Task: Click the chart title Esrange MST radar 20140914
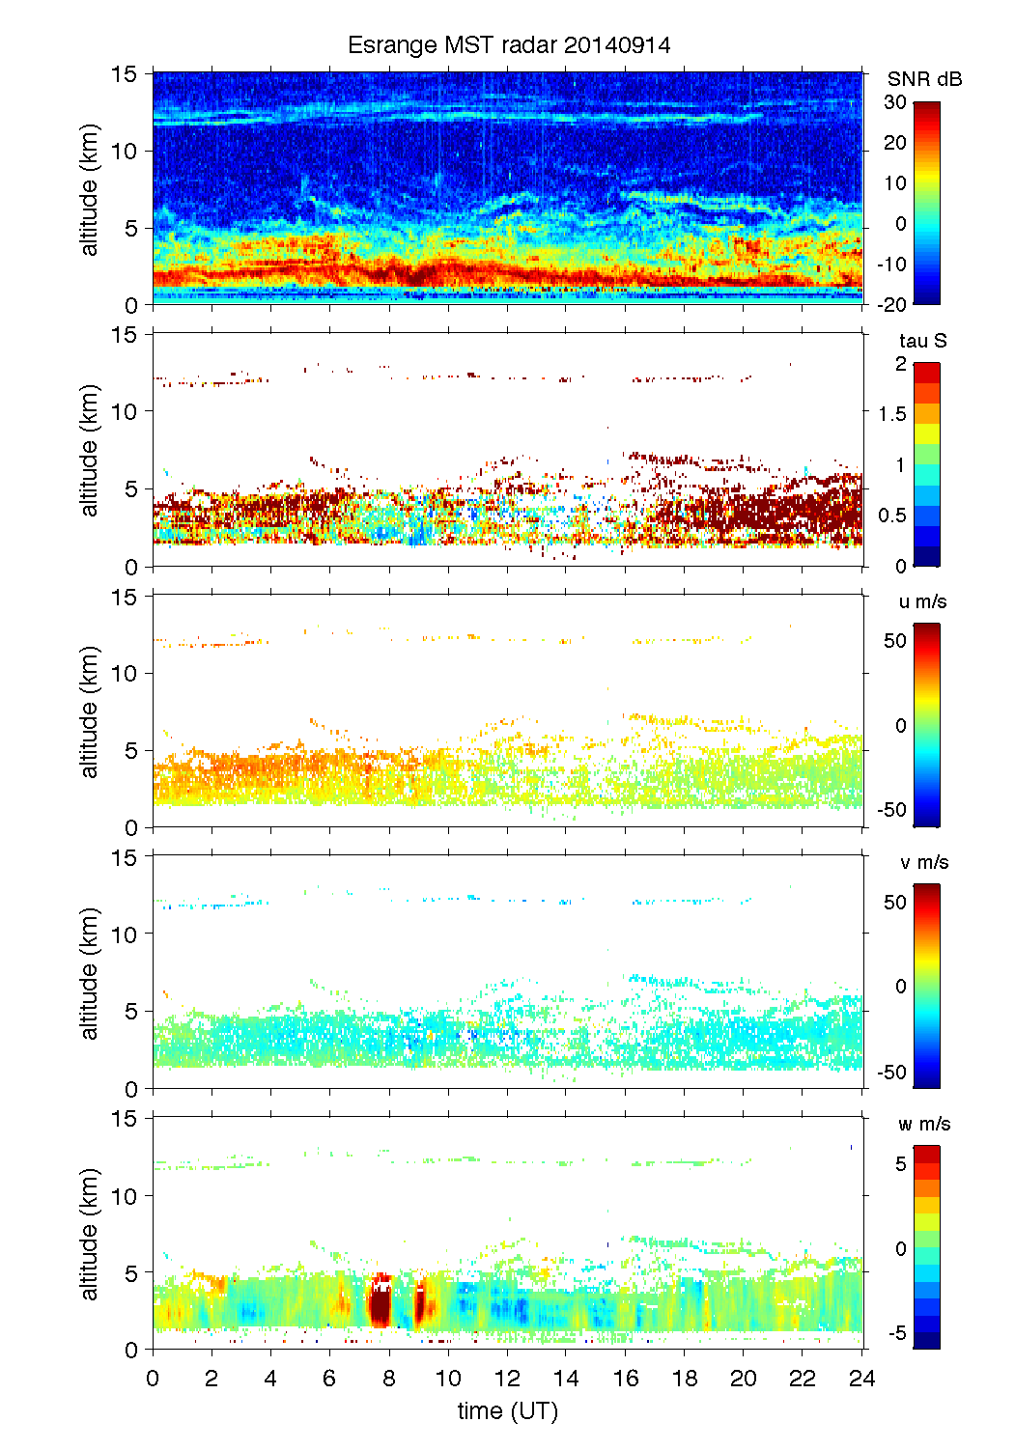(x=509, y=45)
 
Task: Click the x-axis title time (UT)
(x=508, y=1410)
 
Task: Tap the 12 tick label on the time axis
(x=507, y=1378)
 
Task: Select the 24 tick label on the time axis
(x=861, y=1378)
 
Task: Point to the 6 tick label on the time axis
(x=329, y=1378)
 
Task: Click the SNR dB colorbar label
(x=924, y=79)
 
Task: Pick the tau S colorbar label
(x=922, y=341)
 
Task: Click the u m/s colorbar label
(x=922, y=601)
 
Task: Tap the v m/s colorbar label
(x=923, y=862)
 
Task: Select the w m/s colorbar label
(x=924, y=1124)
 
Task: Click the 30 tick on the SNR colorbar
(x=895, y=102)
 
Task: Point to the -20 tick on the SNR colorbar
(x=892, y=304)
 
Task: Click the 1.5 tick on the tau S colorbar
(x=891, y=414)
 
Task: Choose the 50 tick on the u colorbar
(x=895, y=641)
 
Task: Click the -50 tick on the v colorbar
(x=892, y=1072)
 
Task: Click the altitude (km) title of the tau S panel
(x=90, y=450)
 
